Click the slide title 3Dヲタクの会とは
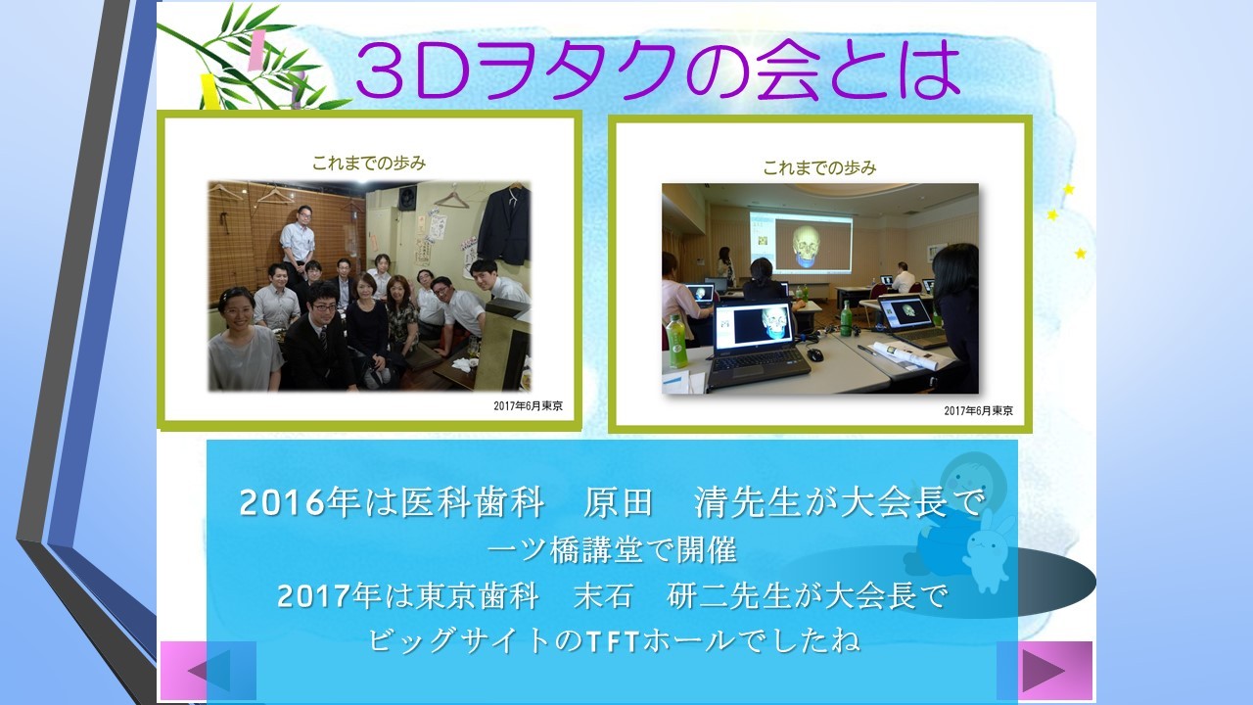click(658, 71)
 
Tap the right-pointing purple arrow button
click(1044, 670)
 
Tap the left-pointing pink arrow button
click(209, 671)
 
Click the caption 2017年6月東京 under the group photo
click(528, 405)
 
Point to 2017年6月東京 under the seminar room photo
click(978, 410)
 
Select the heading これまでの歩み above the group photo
click(369, 163)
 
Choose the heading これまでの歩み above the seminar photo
click(819, 167)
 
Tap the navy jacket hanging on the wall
click(505, 225)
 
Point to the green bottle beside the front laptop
click(675, 342)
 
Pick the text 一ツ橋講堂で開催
click(613, 550)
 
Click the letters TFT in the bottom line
click(613, 641)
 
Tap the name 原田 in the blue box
click(618, 502)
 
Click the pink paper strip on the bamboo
click(257, 50)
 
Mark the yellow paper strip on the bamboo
click(210, 91)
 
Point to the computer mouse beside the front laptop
click(813, 354)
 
